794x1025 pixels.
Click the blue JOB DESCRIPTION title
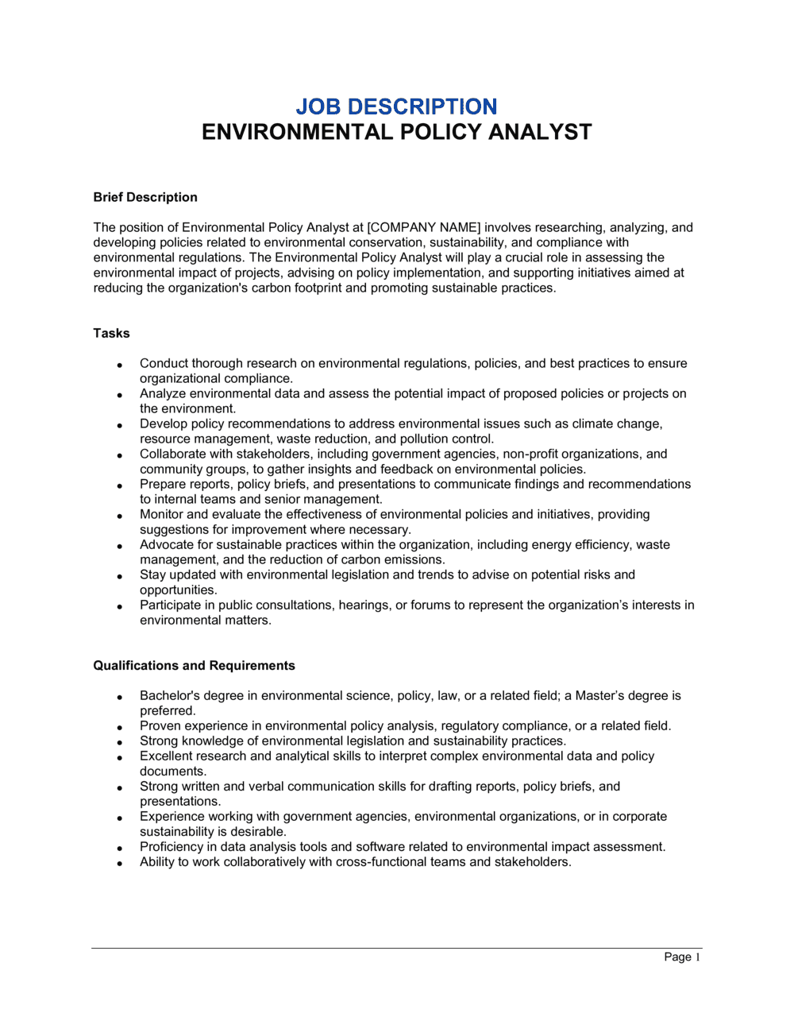point(396,106)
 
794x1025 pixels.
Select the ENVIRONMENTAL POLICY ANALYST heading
point(396,132)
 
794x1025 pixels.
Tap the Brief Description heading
point(145,197)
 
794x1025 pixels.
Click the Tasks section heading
point(111,333)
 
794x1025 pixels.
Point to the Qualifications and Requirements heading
point(194,666)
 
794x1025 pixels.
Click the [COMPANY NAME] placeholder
point(424,227)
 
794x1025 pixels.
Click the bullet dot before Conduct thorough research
point(119,365)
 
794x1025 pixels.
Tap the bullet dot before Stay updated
point(119,576)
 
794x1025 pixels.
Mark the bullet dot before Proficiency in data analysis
point(119,848)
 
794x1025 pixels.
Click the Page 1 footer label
point(682,957)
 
